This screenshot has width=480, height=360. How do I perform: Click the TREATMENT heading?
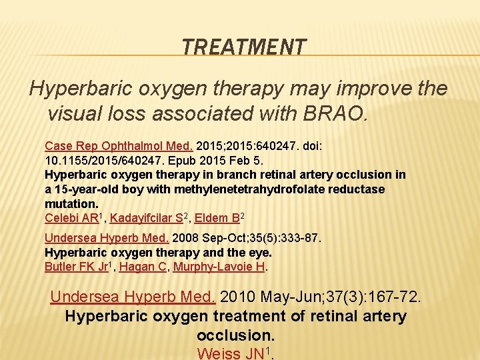coord(244,47)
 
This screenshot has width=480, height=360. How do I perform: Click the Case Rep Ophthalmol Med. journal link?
coord(119,145)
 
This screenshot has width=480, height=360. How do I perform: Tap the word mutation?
coord(71,204)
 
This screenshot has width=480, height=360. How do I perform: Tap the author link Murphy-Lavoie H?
coord(219,267)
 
